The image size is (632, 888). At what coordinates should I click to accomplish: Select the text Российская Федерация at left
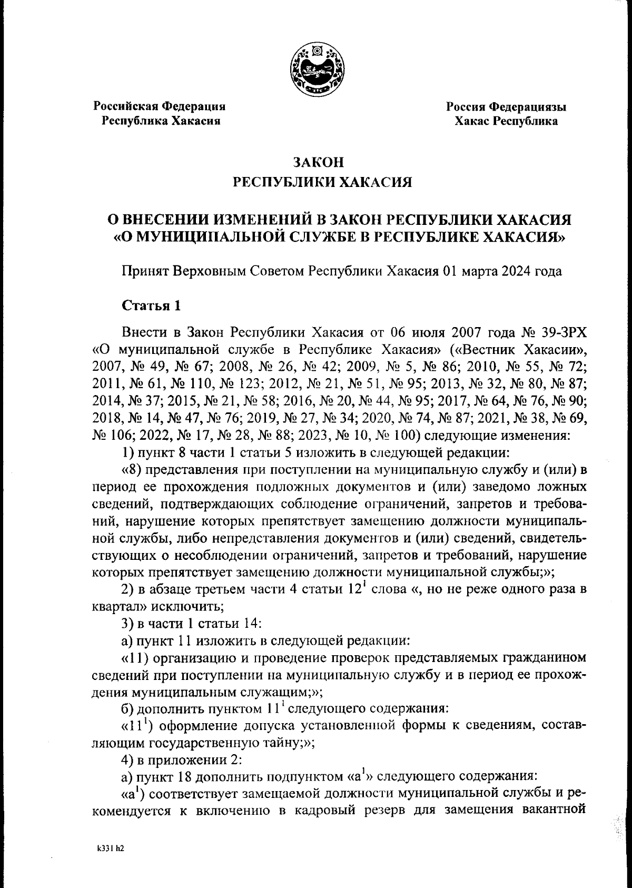coord(160,106)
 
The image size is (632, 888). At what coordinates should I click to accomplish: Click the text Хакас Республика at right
coord(506,122)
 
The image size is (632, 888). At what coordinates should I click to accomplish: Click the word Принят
coord(143,271)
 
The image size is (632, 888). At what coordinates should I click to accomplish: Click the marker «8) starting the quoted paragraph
coord(135,470)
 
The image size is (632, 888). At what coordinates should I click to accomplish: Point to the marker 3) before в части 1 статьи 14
coord(127,623)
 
